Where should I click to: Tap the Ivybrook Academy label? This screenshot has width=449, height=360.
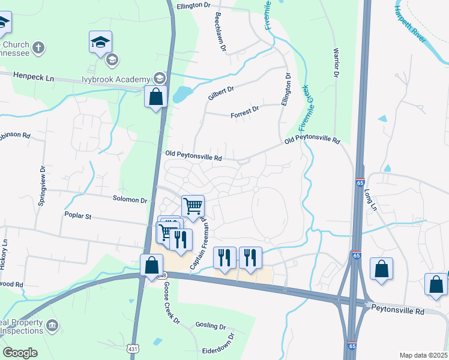(x=115, y=80)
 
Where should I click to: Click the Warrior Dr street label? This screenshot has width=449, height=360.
(x=336, y=62)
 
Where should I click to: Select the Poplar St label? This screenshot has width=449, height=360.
(x=78, y=215)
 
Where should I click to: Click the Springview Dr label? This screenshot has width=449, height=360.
(x=42, y=186)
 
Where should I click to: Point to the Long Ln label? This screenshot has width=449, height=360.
(x=369, y=199)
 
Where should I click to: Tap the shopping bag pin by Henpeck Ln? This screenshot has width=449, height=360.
(x=155, y=96)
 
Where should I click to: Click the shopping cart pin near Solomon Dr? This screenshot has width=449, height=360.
(x=193, y=206)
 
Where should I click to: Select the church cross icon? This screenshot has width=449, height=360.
(x=37, y=47)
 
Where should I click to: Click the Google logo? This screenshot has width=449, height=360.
(x=20, y=353)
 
